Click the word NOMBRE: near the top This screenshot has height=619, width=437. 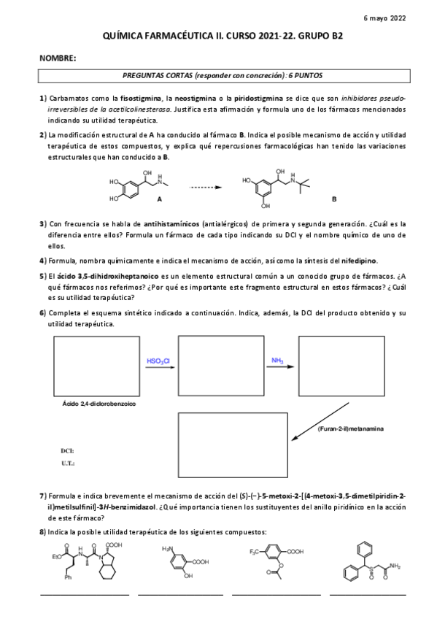pos(58,57)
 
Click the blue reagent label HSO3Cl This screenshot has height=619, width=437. pos(158,360)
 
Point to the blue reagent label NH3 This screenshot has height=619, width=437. pos(277,360)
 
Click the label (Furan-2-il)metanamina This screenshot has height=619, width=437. pos(352,428)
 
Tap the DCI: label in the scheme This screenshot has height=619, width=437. pos(68,451)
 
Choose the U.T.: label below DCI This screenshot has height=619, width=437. pos(69,463)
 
